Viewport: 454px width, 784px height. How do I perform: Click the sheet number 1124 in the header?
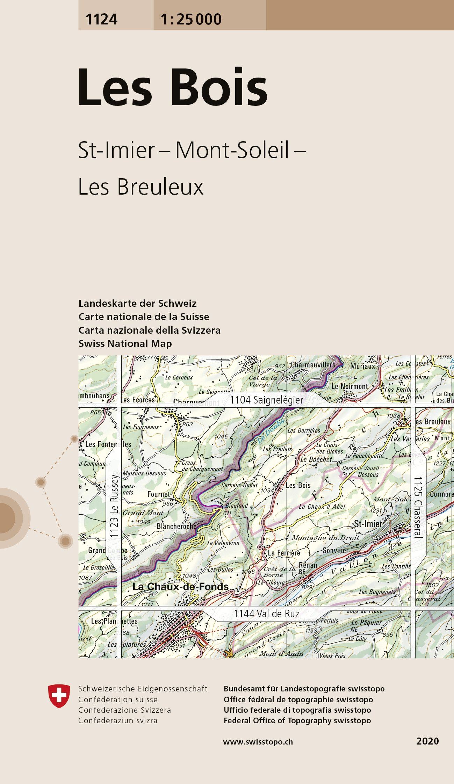point(101,19)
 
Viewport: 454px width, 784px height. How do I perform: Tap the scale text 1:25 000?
point(191,19)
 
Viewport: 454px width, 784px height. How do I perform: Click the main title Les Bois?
point(173,87)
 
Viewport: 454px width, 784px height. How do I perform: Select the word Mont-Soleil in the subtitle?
point(232,150)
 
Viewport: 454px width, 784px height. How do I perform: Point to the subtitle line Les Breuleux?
point(140,187)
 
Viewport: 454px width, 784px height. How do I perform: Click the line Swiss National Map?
point(125,344)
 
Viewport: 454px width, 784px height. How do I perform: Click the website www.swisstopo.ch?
point(258,742)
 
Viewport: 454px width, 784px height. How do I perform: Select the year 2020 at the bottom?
point(427,741)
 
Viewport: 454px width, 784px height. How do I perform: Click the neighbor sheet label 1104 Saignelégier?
point(267,400)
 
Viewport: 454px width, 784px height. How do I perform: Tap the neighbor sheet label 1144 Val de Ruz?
point(266,614)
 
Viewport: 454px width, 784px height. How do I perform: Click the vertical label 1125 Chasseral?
point(418,507)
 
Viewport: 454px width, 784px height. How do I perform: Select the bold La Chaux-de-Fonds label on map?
point(180,587)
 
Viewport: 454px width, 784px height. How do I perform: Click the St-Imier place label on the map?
point(368,523)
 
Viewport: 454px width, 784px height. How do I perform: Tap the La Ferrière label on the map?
point(284,553)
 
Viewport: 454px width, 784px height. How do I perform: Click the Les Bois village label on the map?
point(298,485)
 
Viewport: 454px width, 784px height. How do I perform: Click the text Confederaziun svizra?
point(118,720)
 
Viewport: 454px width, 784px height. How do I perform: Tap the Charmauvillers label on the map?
point(313,365)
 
